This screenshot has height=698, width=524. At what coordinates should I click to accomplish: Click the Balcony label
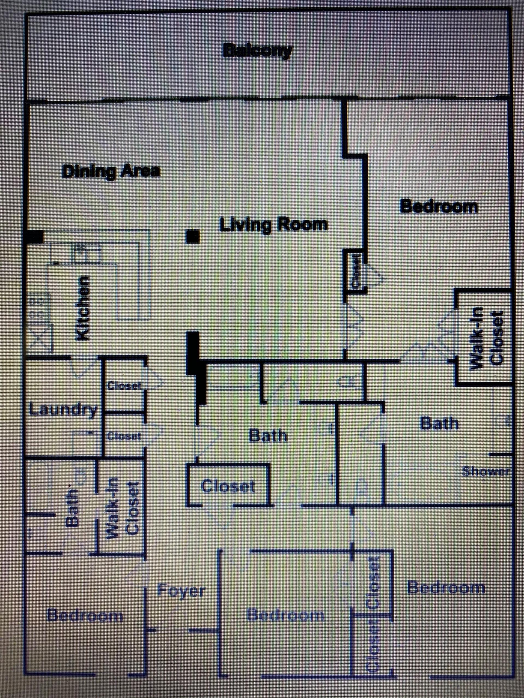(257, 51)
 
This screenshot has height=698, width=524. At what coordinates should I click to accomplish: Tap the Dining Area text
(111, 172)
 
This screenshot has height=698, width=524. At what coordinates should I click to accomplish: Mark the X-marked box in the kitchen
(40, 338)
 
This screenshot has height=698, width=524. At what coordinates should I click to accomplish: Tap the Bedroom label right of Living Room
(439, 207)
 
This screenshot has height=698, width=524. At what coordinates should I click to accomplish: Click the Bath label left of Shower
(439, 423)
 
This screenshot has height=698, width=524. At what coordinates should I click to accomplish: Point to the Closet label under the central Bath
(228, 486)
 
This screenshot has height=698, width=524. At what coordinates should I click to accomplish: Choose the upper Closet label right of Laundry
(124, 386)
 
